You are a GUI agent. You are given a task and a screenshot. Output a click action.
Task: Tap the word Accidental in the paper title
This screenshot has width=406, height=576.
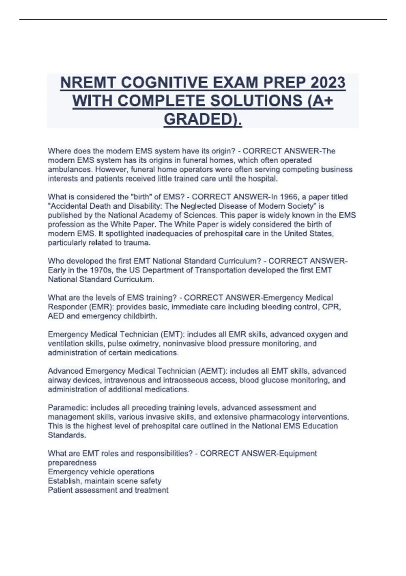69,206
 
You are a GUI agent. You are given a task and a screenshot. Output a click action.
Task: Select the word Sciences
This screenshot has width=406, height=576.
199,215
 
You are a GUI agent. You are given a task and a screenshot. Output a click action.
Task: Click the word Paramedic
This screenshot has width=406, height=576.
67,408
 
